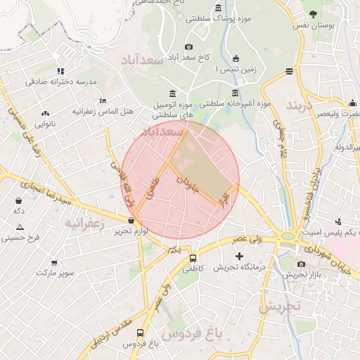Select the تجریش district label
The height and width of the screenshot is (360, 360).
279,307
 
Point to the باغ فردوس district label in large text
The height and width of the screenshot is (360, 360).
191,333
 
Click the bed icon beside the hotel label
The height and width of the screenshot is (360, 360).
103,101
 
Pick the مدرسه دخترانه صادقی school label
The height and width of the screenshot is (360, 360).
60,82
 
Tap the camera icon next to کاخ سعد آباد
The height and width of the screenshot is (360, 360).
188,47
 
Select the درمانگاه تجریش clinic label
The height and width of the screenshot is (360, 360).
239,267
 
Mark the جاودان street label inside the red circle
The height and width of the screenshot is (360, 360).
188,184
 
